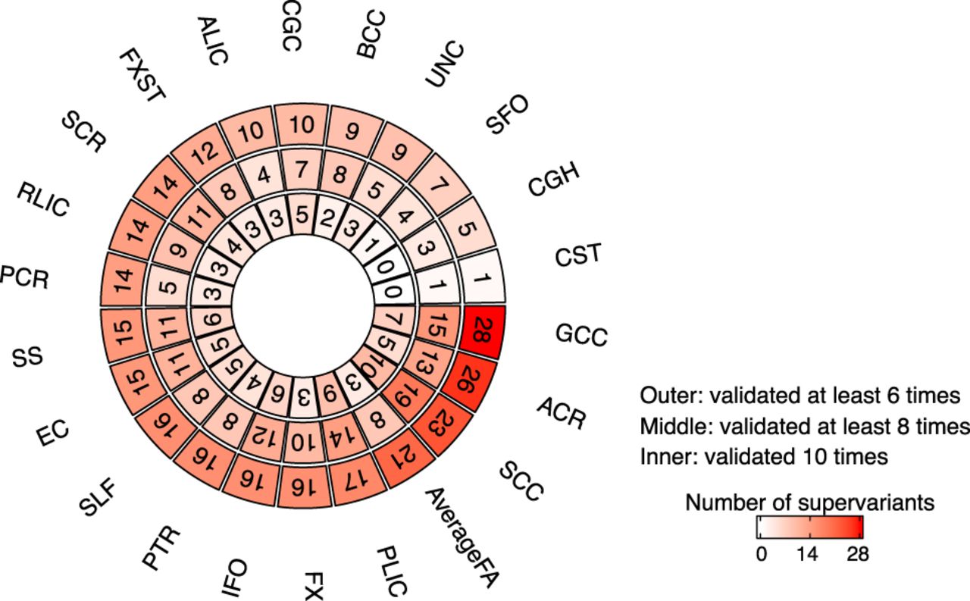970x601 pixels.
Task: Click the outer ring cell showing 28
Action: click(481, 331)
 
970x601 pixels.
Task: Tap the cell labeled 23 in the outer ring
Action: click(443, 430)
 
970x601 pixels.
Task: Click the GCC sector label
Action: click(580, 334)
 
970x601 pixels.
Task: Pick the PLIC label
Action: click(392, 568)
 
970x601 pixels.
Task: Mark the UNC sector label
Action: click(445, 64)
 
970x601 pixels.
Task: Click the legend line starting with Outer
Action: click(800, 396)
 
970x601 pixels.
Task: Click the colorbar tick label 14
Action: click(810, 555)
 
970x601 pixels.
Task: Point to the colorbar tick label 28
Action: click(858, 555)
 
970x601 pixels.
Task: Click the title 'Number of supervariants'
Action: click(810, 502)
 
